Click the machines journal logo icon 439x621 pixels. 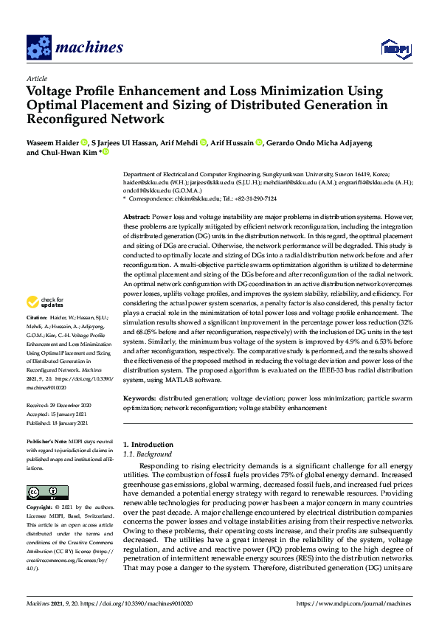(x=38, y=48)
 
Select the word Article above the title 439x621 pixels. (x=36, y=78)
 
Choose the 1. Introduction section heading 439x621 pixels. (x=148, y=445)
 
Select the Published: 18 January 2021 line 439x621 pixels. (x=59, y=424)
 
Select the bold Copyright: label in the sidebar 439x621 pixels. (x=42, y=507)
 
